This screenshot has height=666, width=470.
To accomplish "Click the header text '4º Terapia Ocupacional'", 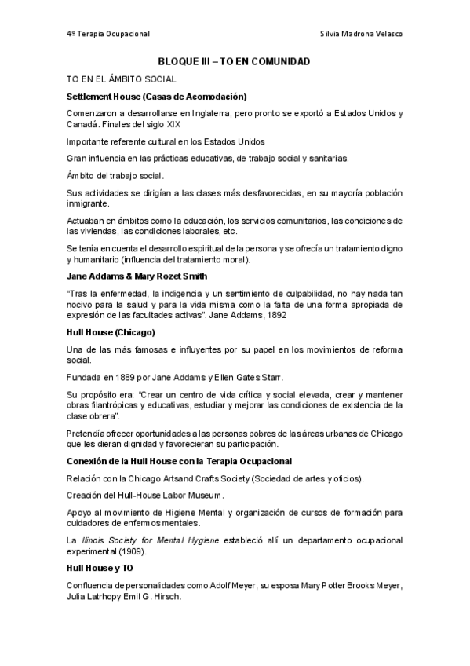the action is pos(108,34).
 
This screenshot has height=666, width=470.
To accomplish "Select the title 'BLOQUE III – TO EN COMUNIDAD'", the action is pos(235,61).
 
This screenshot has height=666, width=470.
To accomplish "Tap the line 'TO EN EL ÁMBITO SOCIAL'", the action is pos(121,79).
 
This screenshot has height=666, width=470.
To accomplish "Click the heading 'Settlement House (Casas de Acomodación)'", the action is pos(157,97).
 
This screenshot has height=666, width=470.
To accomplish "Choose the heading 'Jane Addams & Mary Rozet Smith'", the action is pos(138,276).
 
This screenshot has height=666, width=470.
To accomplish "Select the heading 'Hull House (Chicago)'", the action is pos(111,332).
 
